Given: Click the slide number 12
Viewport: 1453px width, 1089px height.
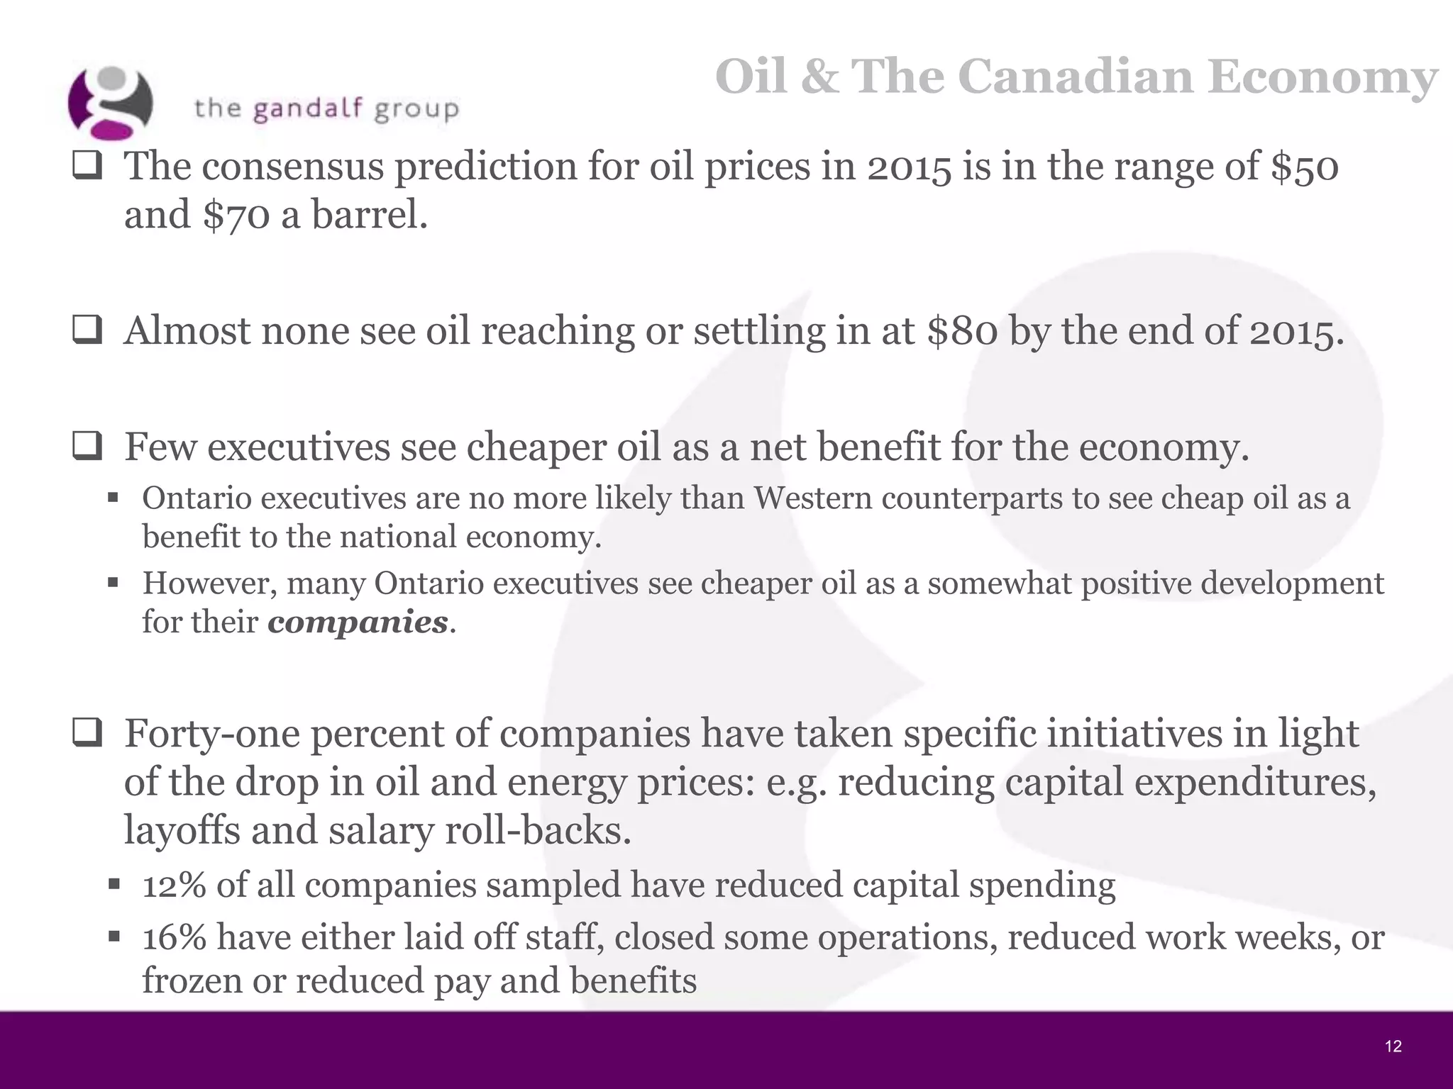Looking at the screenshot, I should pyautogui.click(x=1393, y=1046).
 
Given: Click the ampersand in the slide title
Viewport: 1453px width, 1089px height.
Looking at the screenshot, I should pyautogui.click(x=819, y=77).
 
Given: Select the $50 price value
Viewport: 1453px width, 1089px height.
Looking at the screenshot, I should pyautogui.click(x=1304, y=167).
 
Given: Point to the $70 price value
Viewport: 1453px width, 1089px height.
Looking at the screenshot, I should pyautogui.click(x=236, y=215).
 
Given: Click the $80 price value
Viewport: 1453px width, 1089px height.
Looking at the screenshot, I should pyautogui.click(x=962, y=331).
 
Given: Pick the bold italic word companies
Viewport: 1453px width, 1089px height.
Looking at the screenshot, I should pyautogui.click(x=358, y=622).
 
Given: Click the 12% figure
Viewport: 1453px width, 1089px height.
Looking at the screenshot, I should pyautogui.click(x=174, y=886).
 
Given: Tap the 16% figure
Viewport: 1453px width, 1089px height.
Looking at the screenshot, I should pyautogui.click(x=174, y=937).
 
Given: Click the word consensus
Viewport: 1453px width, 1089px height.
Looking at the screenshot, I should pyautogui.click(x=294, y=167).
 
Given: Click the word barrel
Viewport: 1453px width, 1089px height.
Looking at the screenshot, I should pyautogui.click(x=369, y=215).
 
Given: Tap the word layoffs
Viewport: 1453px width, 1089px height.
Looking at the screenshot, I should pyautogui.click(x=182, y=830).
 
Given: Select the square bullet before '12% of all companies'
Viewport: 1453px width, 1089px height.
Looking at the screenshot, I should pyautogui.click(x=113, y=885).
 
